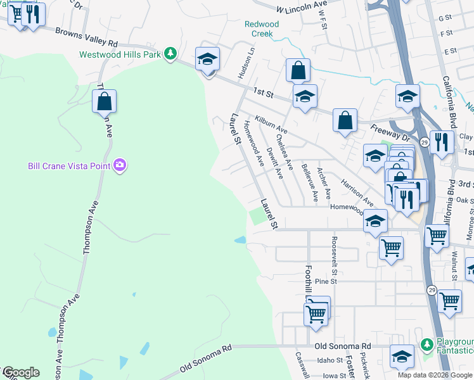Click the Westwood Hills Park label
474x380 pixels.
(x=119, y=54)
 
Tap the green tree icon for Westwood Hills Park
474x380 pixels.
(x=170, y=54)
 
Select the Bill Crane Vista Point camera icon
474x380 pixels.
(x=120, y=166)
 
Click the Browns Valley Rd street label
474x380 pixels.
(x=87, y=37)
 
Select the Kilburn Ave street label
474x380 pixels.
(x=271, y=123)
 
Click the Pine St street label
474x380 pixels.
(x=324, y=281)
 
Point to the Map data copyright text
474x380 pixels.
(x=435, y=375)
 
